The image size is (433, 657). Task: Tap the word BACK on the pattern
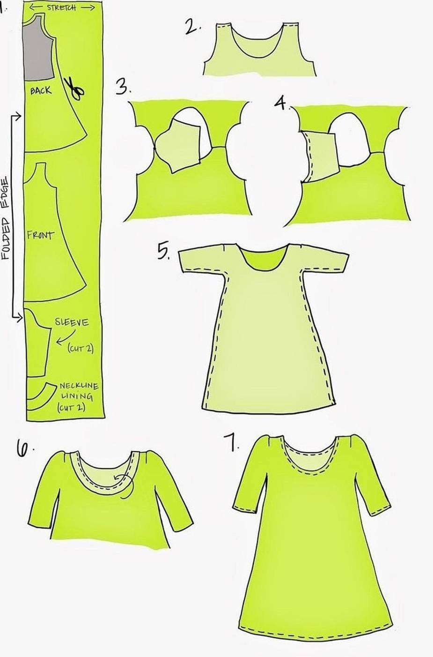tap(41, 90)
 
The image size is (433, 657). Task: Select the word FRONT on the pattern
tap(40, 235)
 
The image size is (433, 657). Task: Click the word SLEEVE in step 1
tap(72, 322)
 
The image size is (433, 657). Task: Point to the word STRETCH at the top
tap(61, 7)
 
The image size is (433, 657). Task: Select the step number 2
tap(193, 27)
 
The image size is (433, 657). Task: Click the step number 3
tap(123, 87)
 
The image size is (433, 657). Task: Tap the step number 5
tap(163, 252)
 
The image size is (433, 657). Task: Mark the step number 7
tap(232, 443)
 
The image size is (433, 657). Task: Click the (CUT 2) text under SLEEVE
tap(80, 349)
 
